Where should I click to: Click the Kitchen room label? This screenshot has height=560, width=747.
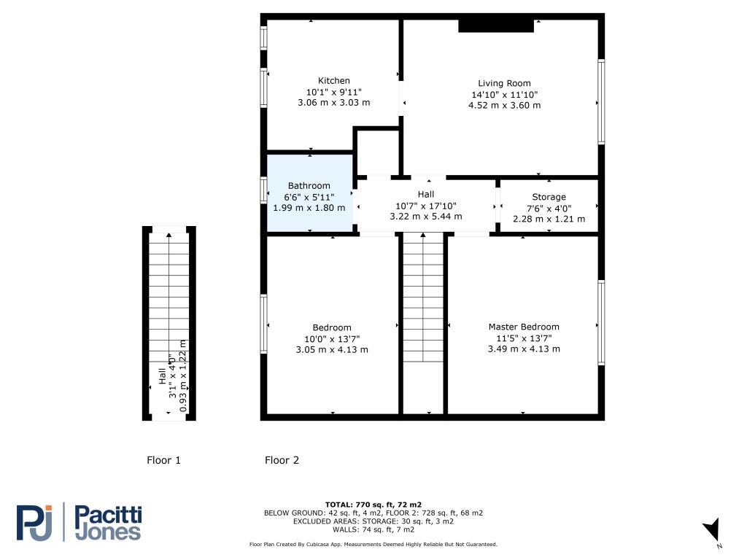tap(334, 81)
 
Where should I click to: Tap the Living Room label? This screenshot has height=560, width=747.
tap(504, 83)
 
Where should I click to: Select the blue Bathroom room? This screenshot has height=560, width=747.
tap(309, 193)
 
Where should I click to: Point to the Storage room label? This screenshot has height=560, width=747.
tap(549, 197)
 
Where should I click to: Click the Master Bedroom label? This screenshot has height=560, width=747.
tap(524, 327)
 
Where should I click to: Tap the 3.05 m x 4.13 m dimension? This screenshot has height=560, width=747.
tap(332, 349)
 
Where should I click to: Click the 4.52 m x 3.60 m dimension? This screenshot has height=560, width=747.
tap(505, 105)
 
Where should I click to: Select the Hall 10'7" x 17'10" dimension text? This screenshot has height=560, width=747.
tap(426, 206)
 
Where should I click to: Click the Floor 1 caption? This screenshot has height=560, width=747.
tap(164, 460)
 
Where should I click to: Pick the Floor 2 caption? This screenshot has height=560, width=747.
tap(282, 460)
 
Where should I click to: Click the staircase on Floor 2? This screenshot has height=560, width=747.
tap(424, 297)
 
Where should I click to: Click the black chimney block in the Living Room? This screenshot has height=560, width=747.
tap(496, 26)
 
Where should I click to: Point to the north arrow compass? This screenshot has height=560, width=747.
tap(712, 530)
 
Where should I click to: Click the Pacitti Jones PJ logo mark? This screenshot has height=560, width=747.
tap(34, 522)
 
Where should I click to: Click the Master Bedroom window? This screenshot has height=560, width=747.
tap(601, 323)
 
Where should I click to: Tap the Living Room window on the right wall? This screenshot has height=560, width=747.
tap(601, 101)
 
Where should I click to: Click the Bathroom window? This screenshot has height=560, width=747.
tap(263, 190)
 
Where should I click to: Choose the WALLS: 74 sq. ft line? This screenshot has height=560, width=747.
tap(373, 529)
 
